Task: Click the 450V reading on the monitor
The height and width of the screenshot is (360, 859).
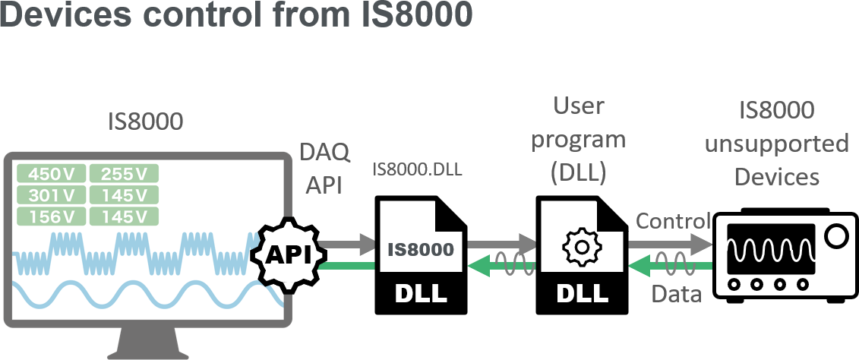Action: point(50,174)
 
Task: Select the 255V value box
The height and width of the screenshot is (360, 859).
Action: point(124,174)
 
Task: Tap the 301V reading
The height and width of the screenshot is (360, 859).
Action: point(50,195)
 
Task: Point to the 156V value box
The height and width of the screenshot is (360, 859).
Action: point(50,216)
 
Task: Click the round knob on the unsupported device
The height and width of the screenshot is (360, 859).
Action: point(835,236)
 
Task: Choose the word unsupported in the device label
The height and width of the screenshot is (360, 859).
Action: point(776,144)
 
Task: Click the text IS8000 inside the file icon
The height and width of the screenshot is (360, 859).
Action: point(421,249)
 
